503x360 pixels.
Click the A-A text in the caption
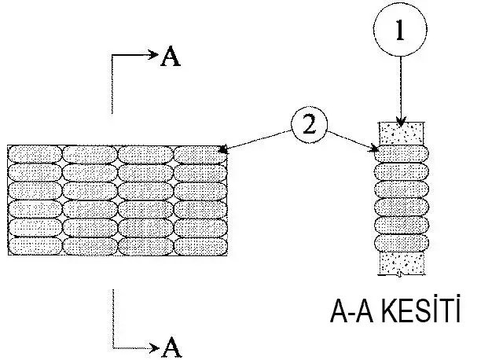click(351, 314)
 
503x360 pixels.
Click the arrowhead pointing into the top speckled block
click(401, 121)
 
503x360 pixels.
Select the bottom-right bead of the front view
click(200, 246)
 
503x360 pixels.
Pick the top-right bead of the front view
click(200, 153)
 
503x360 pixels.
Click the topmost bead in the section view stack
click(402, 153)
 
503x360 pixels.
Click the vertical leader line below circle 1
click(401, 86)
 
